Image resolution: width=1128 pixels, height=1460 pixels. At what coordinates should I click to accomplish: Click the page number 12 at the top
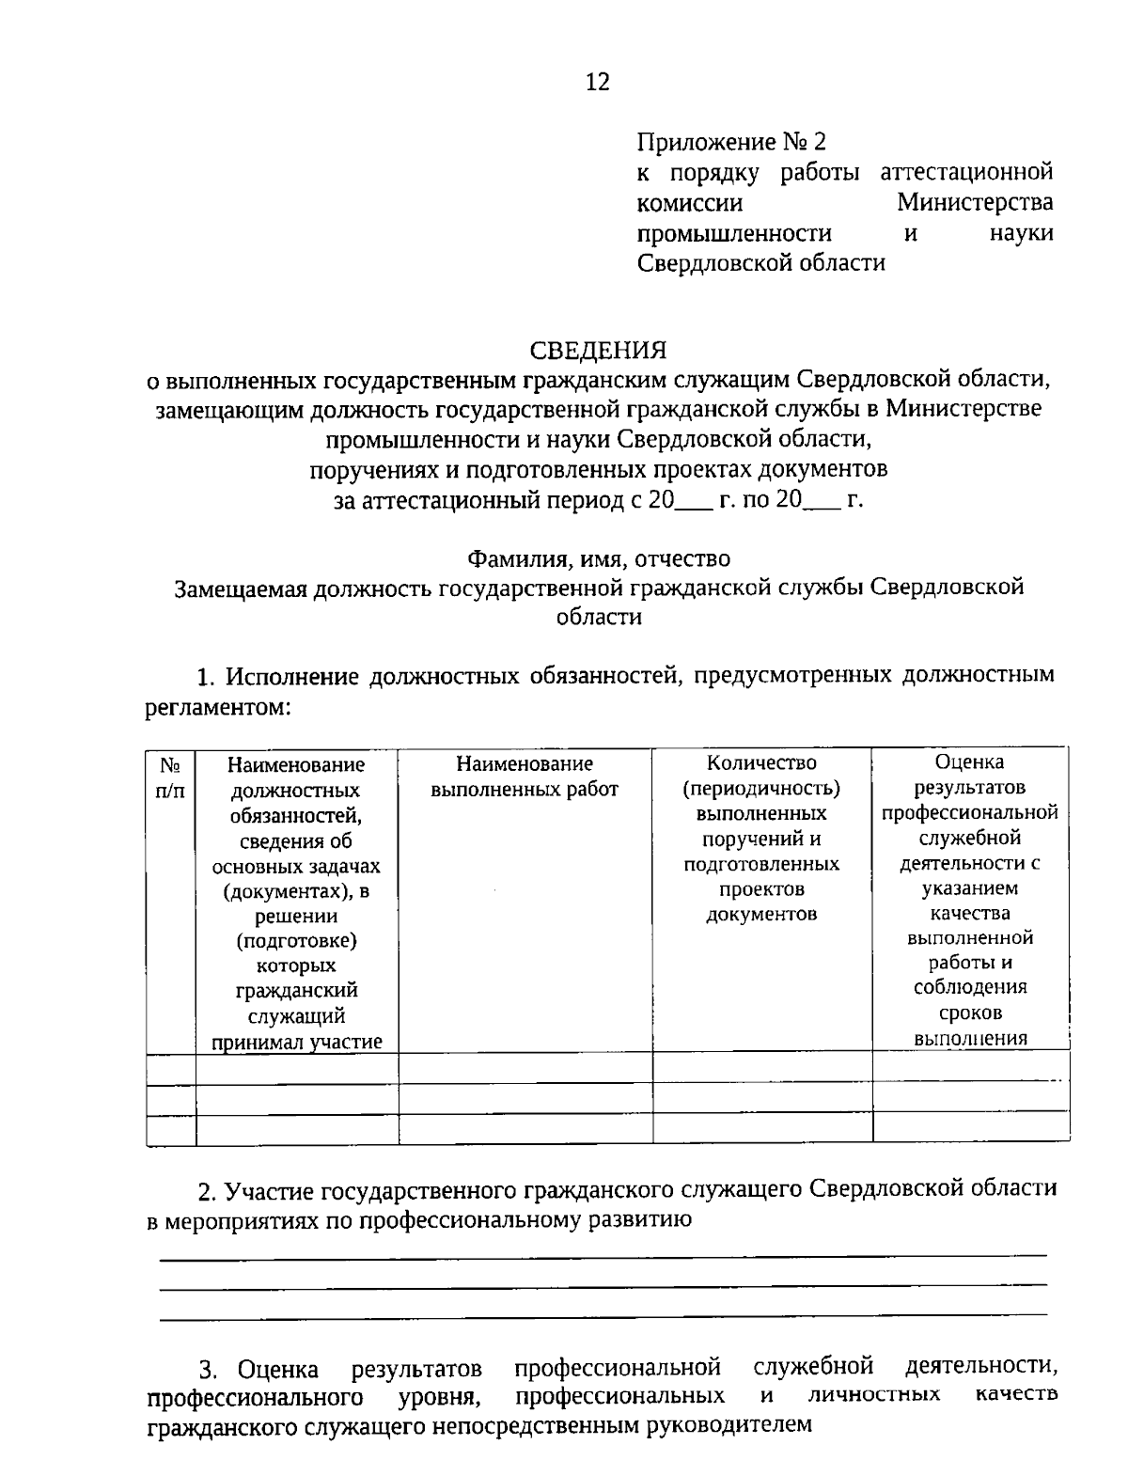598,83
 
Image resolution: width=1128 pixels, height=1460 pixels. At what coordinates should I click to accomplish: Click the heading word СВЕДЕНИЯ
598,351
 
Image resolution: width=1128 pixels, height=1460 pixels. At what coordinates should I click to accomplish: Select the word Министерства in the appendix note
974,202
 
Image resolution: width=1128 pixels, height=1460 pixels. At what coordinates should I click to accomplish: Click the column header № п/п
170,777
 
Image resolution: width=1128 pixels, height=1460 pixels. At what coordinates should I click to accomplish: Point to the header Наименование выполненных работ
525,777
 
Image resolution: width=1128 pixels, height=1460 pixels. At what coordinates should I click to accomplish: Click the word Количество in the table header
761,762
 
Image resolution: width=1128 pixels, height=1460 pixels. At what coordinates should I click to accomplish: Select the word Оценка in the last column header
969,761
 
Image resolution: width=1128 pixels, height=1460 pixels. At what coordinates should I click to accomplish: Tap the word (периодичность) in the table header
761,788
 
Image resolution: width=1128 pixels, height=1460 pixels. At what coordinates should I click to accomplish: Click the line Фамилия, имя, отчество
599,558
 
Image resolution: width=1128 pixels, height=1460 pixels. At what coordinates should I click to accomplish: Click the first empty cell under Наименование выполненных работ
525,1068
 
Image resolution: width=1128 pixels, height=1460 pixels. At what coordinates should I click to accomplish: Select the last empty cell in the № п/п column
170,1128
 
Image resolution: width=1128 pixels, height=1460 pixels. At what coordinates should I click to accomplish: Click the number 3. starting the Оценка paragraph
209,1370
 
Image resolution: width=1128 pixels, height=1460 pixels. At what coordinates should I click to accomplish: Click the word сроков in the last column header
969,1013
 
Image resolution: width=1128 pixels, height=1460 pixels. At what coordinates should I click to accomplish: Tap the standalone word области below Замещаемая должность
599,617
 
